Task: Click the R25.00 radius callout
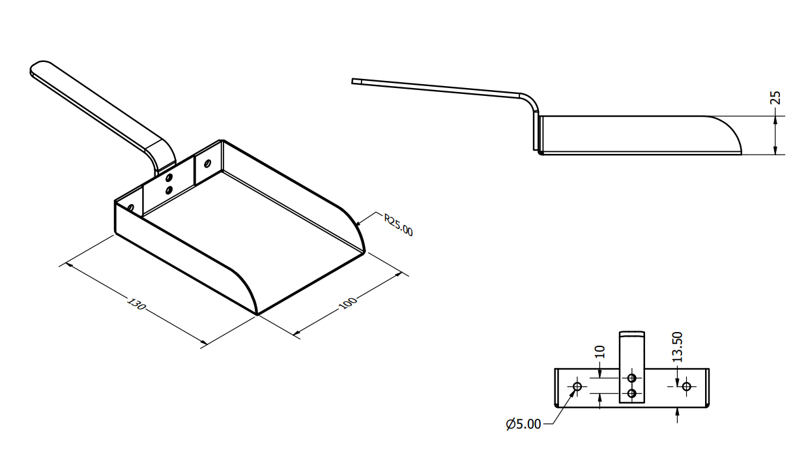coord(397,225)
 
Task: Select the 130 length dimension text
coord(136,305)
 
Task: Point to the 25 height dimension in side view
coord(775,98)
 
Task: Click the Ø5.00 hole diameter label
coord(523,424)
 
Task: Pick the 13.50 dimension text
coord(678,347)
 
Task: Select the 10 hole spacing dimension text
coord(601,352)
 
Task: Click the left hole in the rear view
coord(577,386)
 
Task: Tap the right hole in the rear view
coord(686,386)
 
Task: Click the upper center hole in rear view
coord(631,378)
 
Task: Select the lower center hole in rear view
coord(631,393)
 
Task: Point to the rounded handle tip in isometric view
coord(39,68)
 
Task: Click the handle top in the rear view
coord(631,334)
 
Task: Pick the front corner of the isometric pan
coord(257,314)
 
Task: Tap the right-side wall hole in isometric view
coord(207,163)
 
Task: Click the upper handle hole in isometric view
coord(169,177)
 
